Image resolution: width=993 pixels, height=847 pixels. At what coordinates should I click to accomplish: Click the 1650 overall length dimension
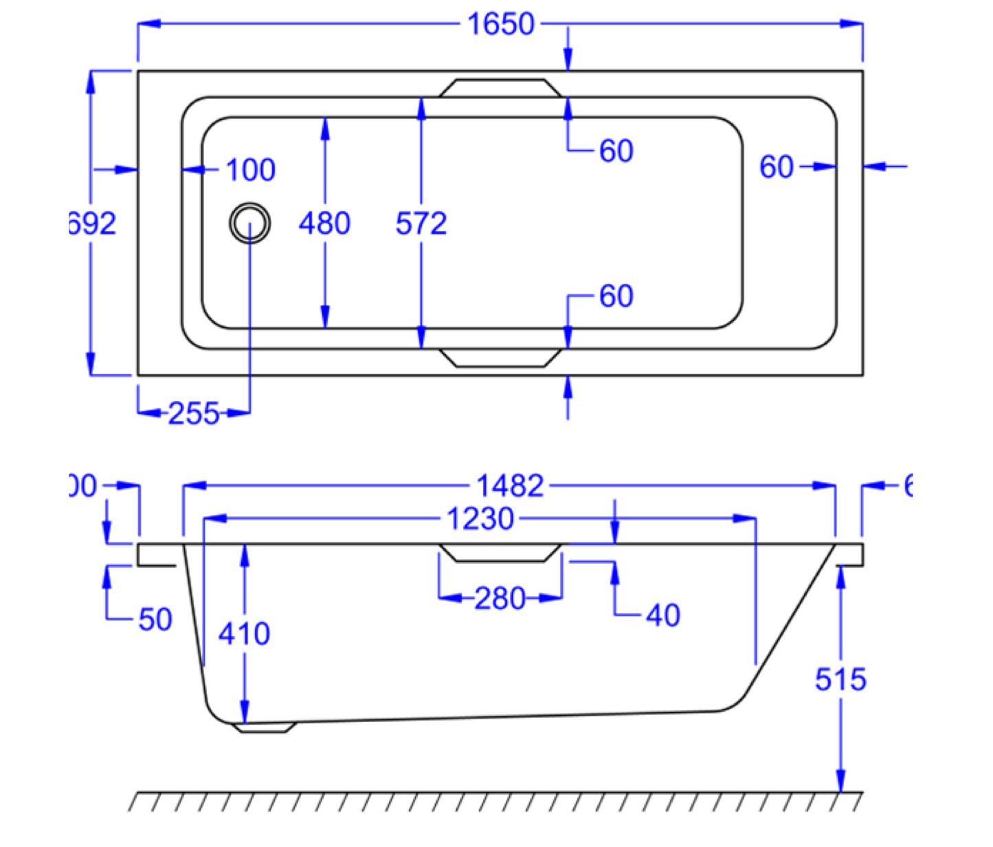coord(500,25)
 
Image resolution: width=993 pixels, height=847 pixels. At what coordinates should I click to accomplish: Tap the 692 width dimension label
coord(93,223)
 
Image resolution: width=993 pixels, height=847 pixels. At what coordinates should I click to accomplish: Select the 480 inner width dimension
coord(324,223)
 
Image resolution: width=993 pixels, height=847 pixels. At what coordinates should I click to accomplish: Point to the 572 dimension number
coord(421,223)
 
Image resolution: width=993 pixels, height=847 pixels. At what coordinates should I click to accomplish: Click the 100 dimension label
coord(250,170)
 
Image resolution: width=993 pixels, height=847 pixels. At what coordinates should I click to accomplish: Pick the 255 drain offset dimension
coord(194,414)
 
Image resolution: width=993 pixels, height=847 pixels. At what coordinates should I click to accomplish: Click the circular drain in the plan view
coord(249,223)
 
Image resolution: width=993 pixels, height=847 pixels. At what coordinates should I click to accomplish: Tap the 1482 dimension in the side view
coord(510,486)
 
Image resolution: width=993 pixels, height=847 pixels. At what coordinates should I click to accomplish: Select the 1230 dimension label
coord(480,519)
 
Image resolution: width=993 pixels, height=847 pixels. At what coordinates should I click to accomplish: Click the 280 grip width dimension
coord(500,599)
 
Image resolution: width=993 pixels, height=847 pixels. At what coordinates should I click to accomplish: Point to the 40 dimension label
coord(662,615)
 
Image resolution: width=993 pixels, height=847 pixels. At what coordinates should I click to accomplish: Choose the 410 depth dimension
coord(244,634)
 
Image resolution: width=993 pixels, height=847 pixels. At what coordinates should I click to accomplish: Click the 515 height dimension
coord(840,680)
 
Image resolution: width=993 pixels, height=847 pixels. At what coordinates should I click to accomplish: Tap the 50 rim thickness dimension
coord(155,620)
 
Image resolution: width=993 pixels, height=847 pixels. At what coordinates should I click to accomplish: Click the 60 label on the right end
coord(777,167)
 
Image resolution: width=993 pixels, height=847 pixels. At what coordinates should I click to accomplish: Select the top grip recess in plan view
coord(500,88)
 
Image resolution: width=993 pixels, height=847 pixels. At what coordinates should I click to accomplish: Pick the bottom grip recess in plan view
coord(500,358)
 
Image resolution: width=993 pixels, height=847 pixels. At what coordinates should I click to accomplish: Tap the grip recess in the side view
coord(500,553)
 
